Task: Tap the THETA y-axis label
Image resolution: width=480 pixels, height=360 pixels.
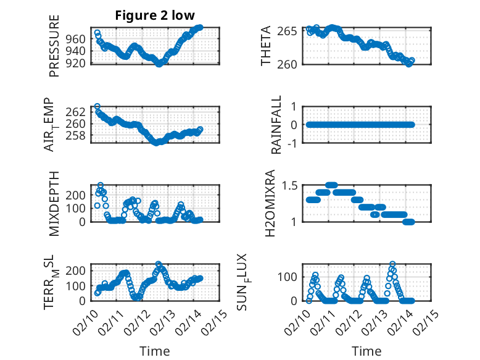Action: point(266,46)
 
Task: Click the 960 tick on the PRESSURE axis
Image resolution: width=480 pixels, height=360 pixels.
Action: point(79,38)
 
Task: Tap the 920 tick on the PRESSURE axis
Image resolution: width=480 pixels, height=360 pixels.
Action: point(79,63)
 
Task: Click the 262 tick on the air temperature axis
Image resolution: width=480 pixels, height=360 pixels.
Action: point(79,112)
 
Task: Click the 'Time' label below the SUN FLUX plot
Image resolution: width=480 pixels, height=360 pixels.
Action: point(366,351)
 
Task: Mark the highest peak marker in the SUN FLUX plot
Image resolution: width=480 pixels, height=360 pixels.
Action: point(392,264)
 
